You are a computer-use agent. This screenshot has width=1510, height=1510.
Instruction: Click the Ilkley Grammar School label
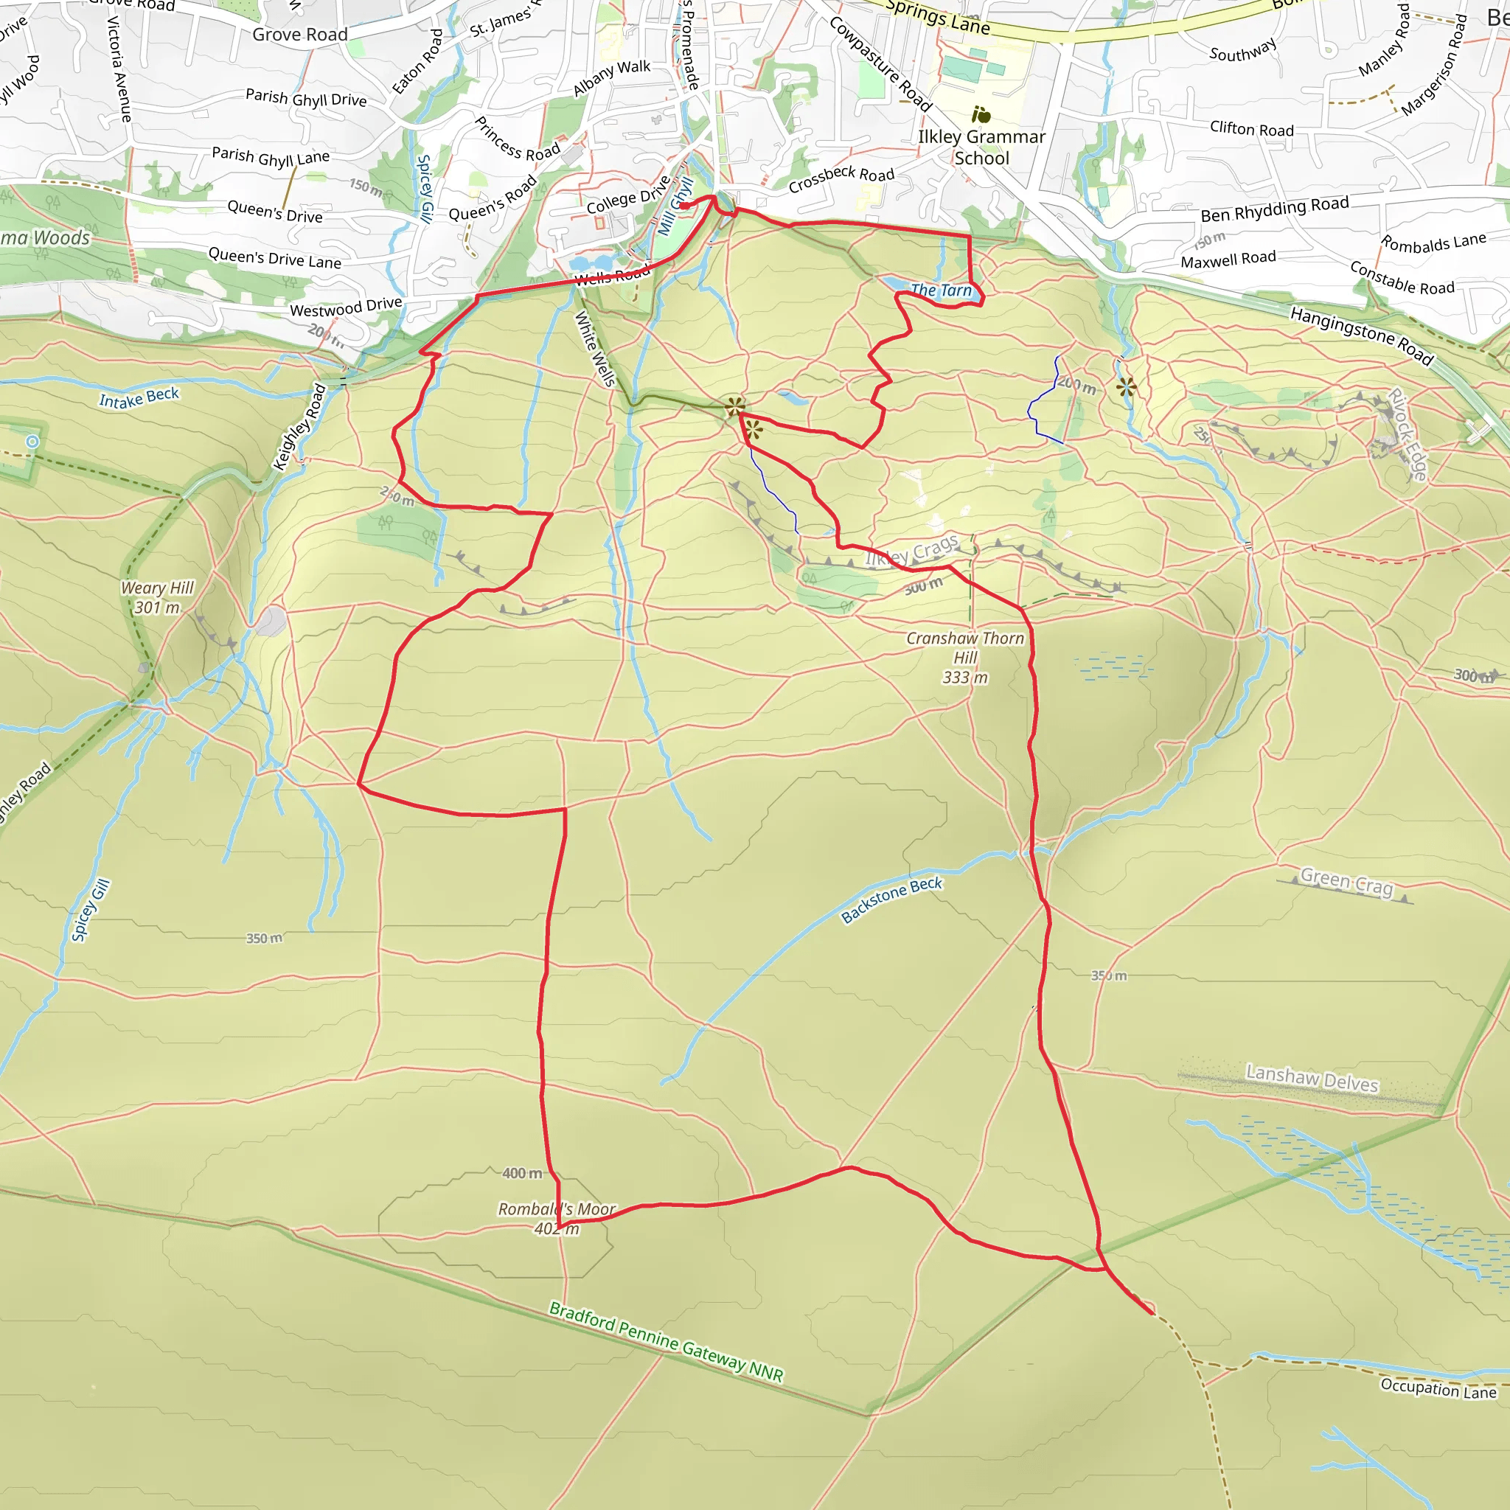tap(981, 147)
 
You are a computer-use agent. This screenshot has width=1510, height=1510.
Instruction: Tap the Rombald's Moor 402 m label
tap(557, 1219)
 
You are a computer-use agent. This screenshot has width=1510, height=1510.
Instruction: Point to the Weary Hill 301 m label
tap(157, 597)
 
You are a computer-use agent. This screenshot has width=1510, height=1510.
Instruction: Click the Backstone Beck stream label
tap(892, 900)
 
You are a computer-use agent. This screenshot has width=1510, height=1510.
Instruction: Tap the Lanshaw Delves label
tap(1312, 1079)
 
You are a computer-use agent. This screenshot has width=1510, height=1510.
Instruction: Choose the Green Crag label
tap(1346, 882)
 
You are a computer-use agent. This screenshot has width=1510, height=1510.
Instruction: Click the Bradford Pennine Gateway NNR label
tap(666, 1341)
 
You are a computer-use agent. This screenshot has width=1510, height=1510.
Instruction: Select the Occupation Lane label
tap(1438, 1388)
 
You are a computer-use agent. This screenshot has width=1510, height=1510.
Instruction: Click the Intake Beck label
tap(139, 398)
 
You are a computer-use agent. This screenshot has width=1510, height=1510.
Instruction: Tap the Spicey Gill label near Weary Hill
tap(91, 910)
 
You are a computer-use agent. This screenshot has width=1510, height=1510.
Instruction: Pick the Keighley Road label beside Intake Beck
tap(299, 427)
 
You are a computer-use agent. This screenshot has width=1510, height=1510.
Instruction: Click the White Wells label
tap(596, 349)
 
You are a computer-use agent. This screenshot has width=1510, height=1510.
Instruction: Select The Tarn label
tap(941, 290)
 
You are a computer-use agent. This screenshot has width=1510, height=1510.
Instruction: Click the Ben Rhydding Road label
tap(1275, 209)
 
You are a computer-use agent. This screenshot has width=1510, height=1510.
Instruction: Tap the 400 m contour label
tap(522, 1173)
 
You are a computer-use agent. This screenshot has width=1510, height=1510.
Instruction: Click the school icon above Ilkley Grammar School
tap(981, 115)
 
